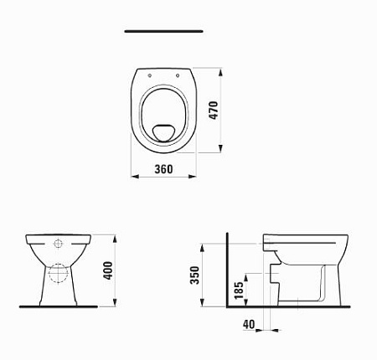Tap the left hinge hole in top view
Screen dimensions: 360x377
click(149, 73)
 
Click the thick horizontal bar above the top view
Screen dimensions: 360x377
click(163, 31)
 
